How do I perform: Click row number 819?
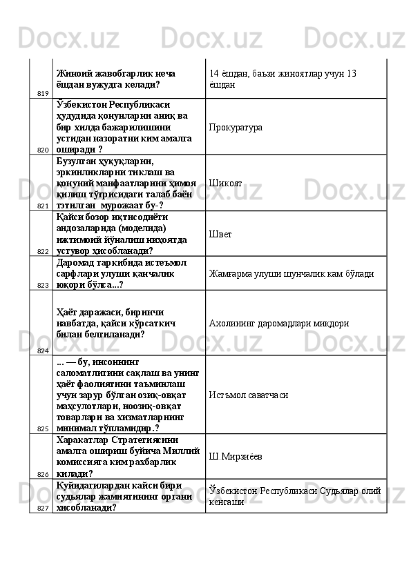pyautogui.click(x=43, y=92)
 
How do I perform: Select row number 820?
pyautogui.click(x=43, y=149)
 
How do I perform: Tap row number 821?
pyautogui.click(x=43, y=206)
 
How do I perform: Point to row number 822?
pyautogui.click(x=43, y=251)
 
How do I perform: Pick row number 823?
pyautogui.click(x=43, y=284)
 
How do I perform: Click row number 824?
pyautogui.click(x=43, y=351)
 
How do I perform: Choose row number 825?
pyautogui.click(x=43, y=428)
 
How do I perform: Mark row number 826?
pyautogui.click(x=43, y=474)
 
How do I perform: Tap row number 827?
pyautogui.click(x=43, y=508)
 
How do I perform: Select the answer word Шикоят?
pyautogui.click(x=225, y=184)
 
